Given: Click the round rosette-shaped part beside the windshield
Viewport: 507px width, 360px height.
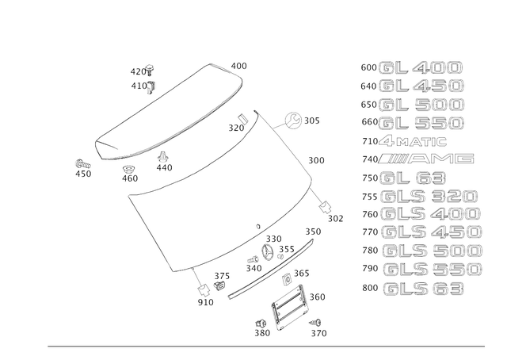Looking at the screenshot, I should tap(293, 121).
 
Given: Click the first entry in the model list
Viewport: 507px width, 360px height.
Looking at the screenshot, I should tap(420, 67).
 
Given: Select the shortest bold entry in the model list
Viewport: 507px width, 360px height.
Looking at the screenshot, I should tap(412, 178).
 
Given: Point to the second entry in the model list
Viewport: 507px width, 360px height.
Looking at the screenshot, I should tap(420, 86).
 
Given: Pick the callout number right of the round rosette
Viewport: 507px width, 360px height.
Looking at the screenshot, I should tap(314, 121).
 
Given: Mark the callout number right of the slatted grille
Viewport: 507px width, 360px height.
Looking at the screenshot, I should tap(318, 297).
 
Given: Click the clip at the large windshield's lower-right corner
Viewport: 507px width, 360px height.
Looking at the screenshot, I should tap(326, 208).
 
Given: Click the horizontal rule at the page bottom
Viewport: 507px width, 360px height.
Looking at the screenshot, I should tap(265, 346).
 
